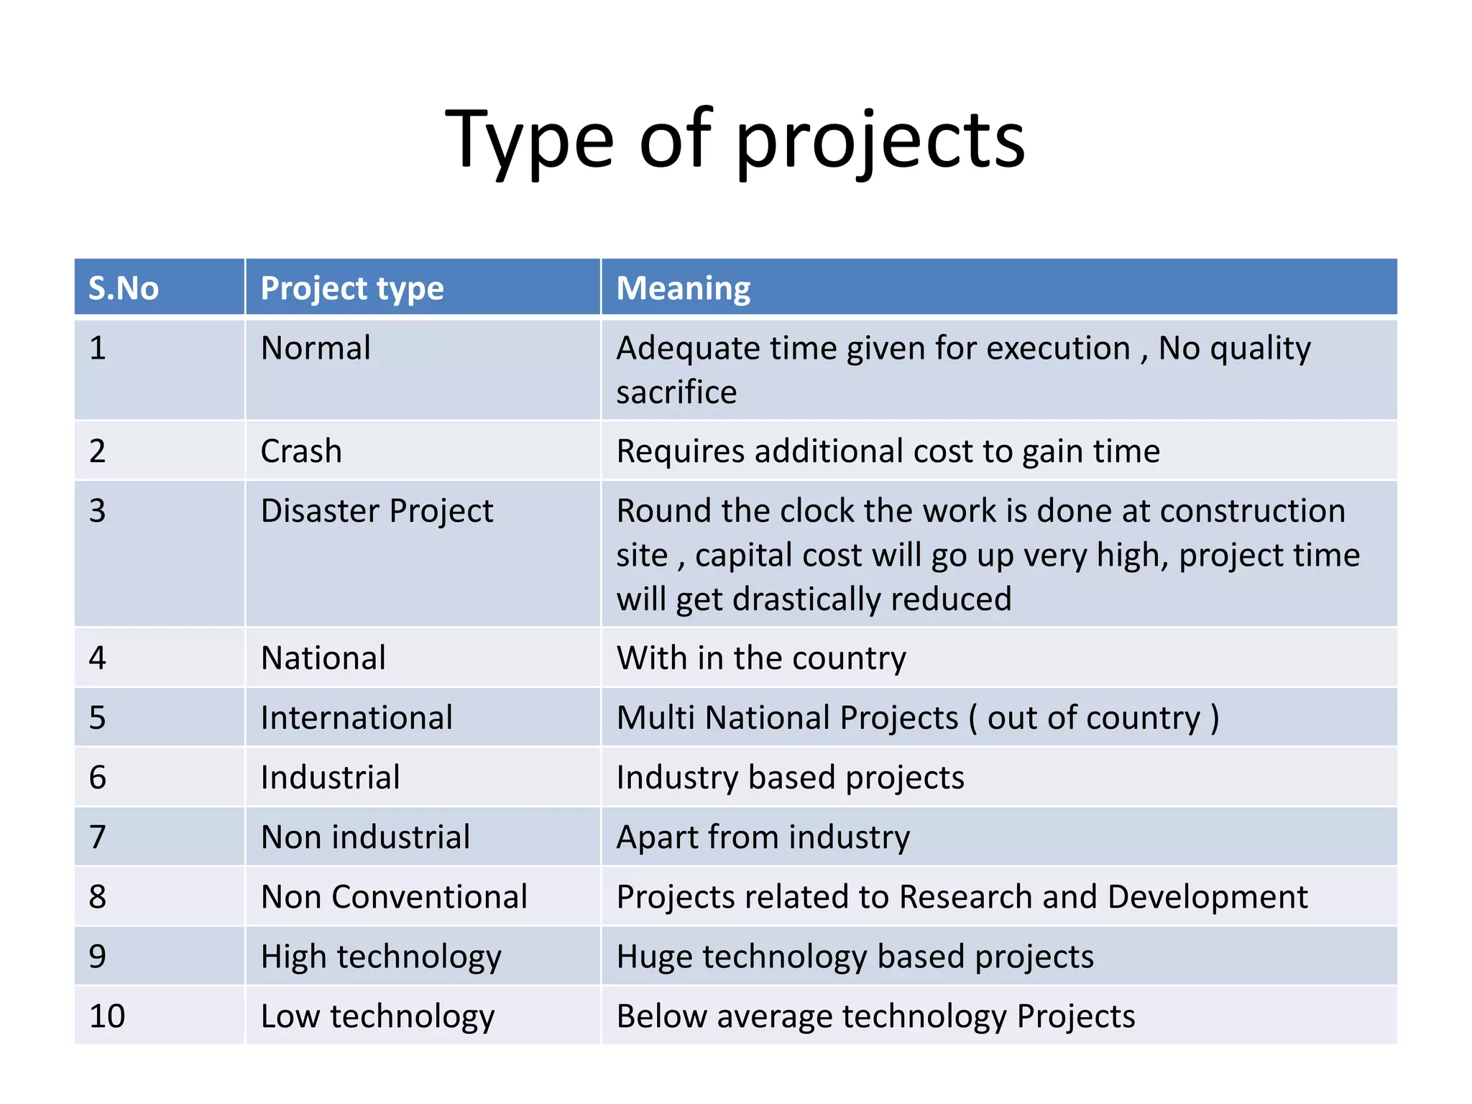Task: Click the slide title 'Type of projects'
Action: tap(735, 140)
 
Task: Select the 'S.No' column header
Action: tap(124, 288)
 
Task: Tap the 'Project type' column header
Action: tap(352, 288)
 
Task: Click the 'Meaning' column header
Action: tap(684, 288)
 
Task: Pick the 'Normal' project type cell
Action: tap(316, 349)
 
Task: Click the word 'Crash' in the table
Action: tap(301, 451)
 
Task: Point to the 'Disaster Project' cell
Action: tap(377, 511)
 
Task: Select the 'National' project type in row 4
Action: tap(323, 658)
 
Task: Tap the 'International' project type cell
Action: tap(356, 718)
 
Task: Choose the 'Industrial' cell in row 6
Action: tap(330, 778)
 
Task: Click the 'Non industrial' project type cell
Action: tap(365, 837)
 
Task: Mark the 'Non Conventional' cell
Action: tap(394, 897)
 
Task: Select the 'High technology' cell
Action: tap(381, 957)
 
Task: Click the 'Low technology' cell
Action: tap(377, 1016)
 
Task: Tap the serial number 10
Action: tap(107, 1016)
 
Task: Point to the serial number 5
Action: tap(98, 718)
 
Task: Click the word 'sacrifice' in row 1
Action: tap(676, 392)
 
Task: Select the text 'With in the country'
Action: tap(761, 658)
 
